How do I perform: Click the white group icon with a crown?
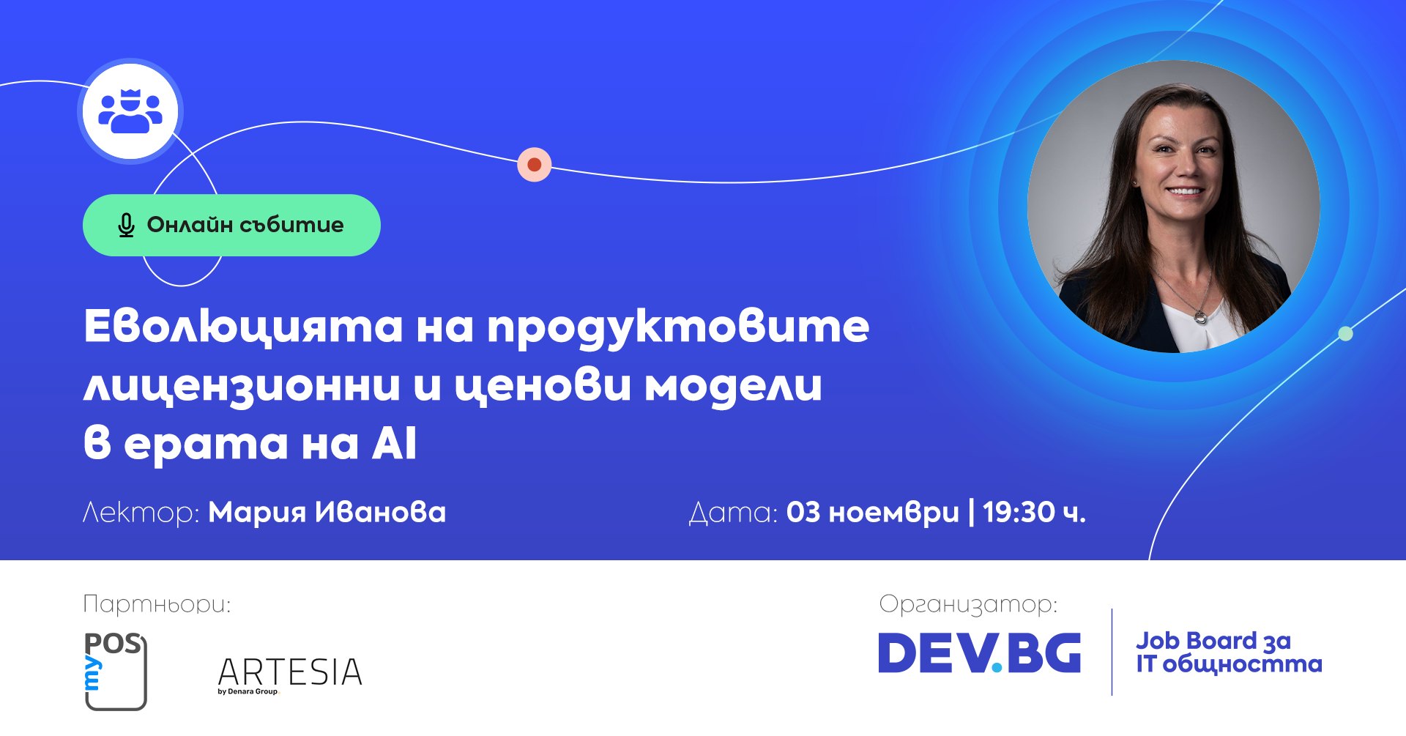click(x=130, y=111)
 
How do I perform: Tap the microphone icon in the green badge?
click(x=126, y=226)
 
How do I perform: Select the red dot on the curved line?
click(x=535, y=164)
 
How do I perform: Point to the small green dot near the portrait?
click(x=1345, y=334)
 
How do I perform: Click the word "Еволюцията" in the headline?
click(x=243, y=326)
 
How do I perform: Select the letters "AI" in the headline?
click(x=395, y=443)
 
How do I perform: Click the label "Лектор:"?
click(x=141, y=512)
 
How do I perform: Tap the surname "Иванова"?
click(x=380, y=512)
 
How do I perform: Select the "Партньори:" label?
click(x=157, y=604)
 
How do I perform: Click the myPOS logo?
click(x=116, y=671)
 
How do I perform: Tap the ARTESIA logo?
click(x=290, y=674)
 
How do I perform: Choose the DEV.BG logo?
click(x=979, y=653)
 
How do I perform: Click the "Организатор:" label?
click(x=968, y=604)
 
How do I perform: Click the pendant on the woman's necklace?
click(x=1200, y=316)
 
